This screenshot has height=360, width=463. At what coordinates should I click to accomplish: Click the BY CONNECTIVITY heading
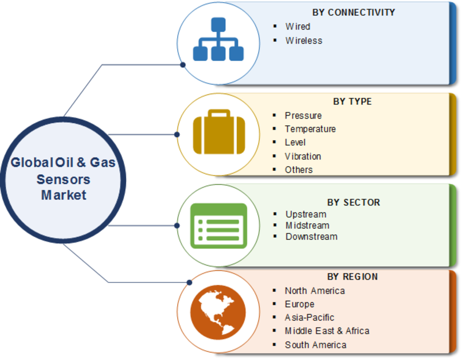(354, 12)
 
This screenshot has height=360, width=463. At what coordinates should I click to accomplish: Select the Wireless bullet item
(303, 41)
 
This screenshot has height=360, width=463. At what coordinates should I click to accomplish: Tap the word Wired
(297, 26)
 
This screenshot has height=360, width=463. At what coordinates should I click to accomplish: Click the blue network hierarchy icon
(218, 39)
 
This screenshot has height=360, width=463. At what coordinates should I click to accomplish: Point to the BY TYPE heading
(352, 102)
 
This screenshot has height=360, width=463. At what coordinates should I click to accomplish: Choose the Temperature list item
(310, 128)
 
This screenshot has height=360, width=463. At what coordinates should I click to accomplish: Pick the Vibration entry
(303, 156)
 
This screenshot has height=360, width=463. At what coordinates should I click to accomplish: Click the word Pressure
(303, 116)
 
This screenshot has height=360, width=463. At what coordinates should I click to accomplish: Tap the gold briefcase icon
(219, 132)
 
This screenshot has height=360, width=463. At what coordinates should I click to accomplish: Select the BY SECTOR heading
(354, 203)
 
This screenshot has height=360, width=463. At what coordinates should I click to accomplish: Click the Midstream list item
(307, 225)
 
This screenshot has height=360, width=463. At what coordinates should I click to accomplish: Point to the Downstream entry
(311, 237)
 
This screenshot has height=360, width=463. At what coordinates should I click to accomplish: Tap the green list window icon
(219, 226)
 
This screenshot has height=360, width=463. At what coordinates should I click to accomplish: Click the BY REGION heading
(352, 277)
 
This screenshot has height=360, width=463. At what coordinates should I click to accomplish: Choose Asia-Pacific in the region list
(309, 318)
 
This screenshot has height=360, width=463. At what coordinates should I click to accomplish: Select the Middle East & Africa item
(327, 330)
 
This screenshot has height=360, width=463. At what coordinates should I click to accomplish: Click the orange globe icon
(218, 312)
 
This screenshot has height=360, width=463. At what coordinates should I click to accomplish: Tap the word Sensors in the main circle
(63, 179)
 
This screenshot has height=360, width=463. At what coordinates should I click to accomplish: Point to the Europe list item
(299, 304)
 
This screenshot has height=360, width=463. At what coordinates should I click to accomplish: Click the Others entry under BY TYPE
(299, 170)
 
